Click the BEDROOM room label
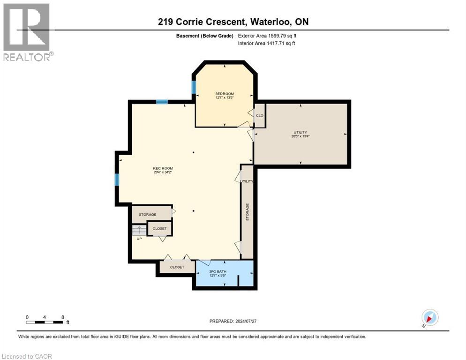tap(224, 94)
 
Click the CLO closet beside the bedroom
tap(260, 115)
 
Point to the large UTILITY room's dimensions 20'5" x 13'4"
tap(300, 136)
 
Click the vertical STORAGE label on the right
tap(248, 212)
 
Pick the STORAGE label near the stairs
tap(147, 214)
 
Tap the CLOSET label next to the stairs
tap(159, 228)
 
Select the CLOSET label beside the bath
tap(177, 267)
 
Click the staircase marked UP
tap(139, 231)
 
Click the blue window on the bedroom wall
tap(194, 87)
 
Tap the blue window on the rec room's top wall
tap(162, 102)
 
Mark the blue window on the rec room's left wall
tap(117, 179)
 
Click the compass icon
tap(429, 317)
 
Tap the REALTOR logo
tap(27, 32)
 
